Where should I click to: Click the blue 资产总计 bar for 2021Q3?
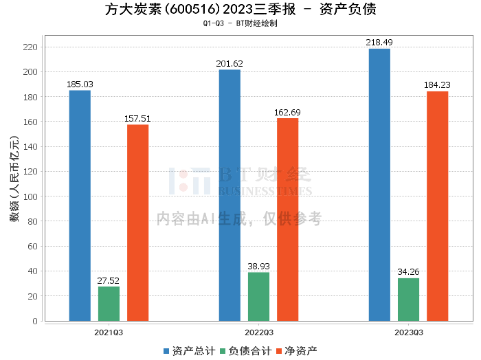[80, 205]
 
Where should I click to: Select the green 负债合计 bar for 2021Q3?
[109, 304]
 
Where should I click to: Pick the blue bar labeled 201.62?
[230, 195]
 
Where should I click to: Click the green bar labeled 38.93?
[258, 297]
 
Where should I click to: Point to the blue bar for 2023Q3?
[379, 185]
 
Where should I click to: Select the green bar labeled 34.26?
[408, 300]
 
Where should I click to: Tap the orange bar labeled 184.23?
[437, 206]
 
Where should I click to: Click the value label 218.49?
[379, 43]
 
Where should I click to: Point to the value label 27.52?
[109, 280]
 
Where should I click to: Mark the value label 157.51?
[137, 119]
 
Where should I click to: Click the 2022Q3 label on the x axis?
[258, 332]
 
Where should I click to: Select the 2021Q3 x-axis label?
[109, 332]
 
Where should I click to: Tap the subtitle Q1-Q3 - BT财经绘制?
[240, 23]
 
